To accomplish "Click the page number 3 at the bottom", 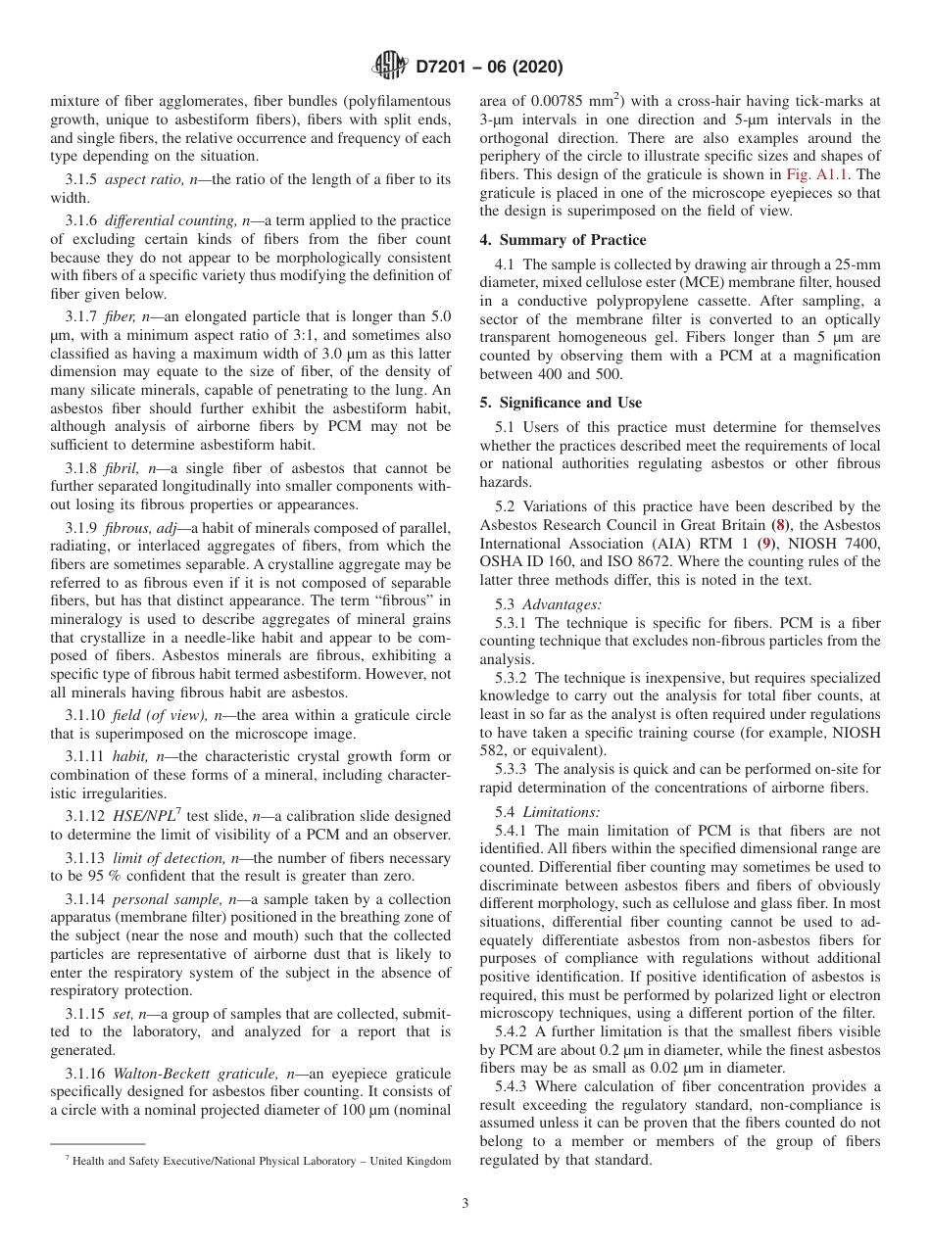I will pos(465,1204).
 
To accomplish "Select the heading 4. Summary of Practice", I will pos(563,240).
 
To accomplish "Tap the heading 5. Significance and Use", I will pos(562,403).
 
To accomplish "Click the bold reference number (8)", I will pos(806,506).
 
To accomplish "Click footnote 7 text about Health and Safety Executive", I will pos(258,1161).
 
